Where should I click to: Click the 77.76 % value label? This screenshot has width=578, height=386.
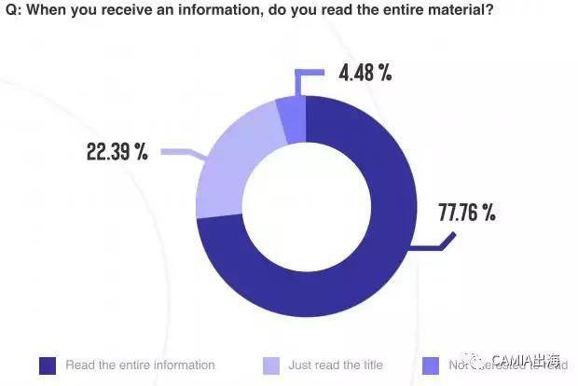pyautogui.click(x=467, y=213)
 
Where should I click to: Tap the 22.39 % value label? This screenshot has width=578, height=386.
pyautogui.click(x=117, y=152)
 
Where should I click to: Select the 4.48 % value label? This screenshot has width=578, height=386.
pyautogui.click(x=363, y=72)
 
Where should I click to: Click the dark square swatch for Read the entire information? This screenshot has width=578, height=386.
pyautogui.click(x=47, y=365)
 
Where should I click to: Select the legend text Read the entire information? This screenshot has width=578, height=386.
pyautogui.click(x=140, y=365)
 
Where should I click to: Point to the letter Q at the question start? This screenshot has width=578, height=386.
pyautogui.click(x=11, y=11)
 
